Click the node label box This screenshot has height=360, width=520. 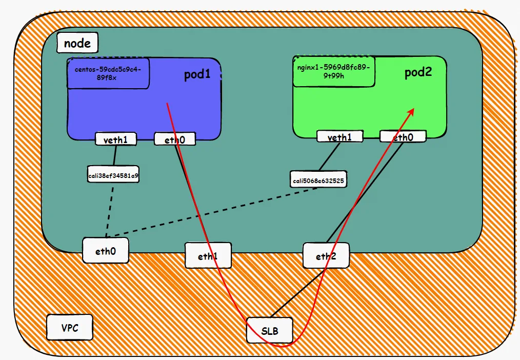(x=77, y=43)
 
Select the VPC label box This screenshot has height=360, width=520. (x=70, y=327)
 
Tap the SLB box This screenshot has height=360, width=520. (x=270, y=330)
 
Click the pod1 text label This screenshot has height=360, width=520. (x=197, y=75)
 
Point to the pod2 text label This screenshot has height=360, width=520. (x=418, y=72)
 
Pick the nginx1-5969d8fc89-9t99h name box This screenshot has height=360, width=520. (x=334, y=71)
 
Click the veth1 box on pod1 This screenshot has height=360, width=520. (x=116, y=138)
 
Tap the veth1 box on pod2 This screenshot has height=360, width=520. (x=339, y=136)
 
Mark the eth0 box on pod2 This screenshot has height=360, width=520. (x=403, y=136)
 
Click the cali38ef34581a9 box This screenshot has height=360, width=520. (x=113, y=175)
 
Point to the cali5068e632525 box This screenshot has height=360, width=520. (x=318, y=180)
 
